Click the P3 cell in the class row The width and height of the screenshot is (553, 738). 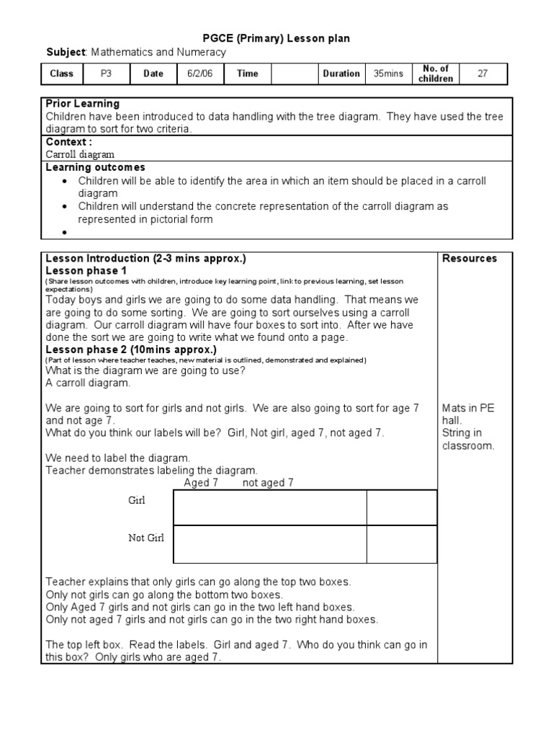pos(107,74)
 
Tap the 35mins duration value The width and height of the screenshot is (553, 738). pos(388,74)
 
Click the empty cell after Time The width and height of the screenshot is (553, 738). pos(295,74)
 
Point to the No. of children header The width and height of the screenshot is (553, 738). pos(435,74)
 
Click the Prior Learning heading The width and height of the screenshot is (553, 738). pos(82,104)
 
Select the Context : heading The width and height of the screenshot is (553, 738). pos(69,142)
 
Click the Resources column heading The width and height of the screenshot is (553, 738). pos(469,258)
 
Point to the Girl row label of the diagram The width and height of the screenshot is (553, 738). pos(137,500)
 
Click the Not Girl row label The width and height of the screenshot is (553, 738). pos(146,538)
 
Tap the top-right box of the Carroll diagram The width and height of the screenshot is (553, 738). pos(401,507)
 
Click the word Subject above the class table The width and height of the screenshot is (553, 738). pos(66,52)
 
